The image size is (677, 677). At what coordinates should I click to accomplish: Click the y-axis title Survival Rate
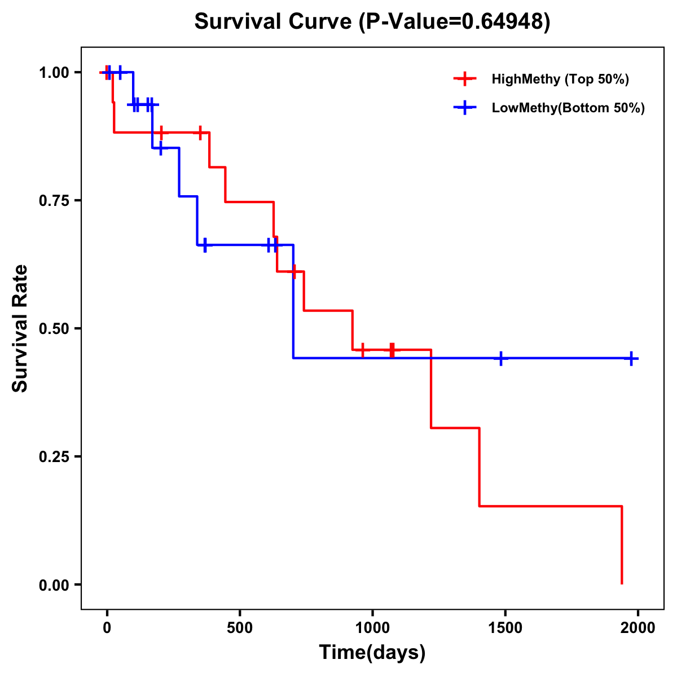coord(20,328)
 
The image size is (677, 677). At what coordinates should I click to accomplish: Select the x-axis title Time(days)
coord(372,652)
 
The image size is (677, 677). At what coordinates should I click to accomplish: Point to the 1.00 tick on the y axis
coord(54,73)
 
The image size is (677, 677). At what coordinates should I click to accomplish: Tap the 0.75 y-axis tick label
coord(54,201)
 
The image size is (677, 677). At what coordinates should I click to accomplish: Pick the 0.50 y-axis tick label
coord(54,329)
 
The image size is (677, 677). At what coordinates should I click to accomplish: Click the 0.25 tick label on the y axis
coord(54,457)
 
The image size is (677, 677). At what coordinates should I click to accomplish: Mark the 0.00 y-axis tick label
coord(54,585)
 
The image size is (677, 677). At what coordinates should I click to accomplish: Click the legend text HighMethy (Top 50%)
coord(560,79)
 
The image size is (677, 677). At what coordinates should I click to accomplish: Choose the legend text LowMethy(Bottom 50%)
coord(568,108)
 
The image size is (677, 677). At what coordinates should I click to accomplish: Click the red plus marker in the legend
coord(465,79)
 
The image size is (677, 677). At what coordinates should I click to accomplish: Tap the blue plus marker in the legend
coord(465,108)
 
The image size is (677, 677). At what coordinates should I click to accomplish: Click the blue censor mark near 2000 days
coord(631,358)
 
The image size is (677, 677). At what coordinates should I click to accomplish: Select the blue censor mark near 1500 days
coord(501,358)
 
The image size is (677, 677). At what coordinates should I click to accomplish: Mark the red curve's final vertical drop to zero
coord(621,545)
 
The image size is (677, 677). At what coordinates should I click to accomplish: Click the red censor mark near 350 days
coord(200,133)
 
